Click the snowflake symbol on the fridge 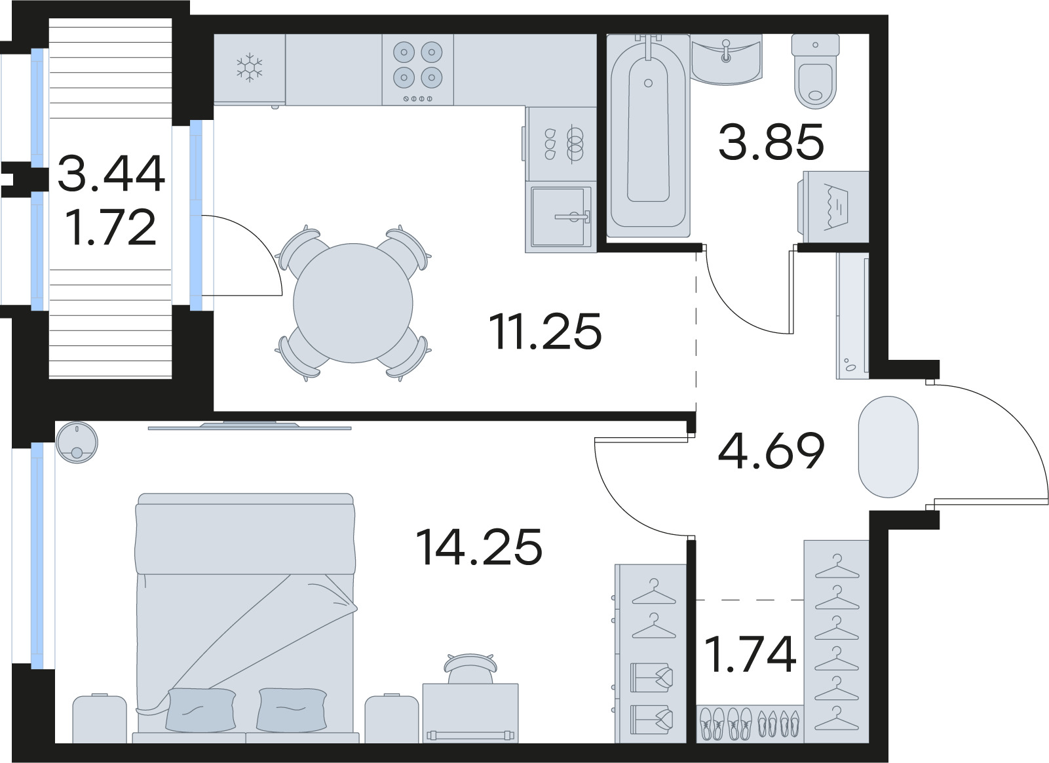coord(249,68)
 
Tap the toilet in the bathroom coord(815,71)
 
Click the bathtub coord(648,136)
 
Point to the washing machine coord(833,207)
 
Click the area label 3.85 coord(771,142)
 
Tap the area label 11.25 coord(545,331)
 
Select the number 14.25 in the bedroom coord(478,547)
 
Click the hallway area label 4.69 coord(771,450)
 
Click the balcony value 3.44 coord(111,173)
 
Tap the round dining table coord(353,303)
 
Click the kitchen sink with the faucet coord(561,217)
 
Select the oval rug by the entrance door coord(888,447)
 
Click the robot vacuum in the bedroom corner coord(77,442)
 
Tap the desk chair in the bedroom coord(470,669)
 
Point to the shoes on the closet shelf coord(750,724)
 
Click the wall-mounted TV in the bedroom coord(250,426)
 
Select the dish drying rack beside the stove coord(561,144)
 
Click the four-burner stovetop coord(418,69)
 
